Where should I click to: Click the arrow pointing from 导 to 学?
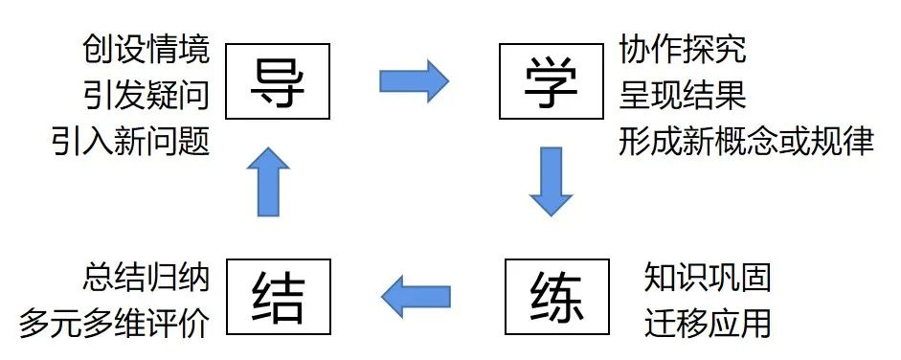click(x=414, y=81)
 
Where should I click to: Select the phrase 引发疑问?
click(x=146, y=96)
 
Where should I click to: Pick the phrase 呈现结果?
click(x=683, y=96)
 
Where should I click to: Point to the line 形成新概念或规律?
click(x=746, y=143)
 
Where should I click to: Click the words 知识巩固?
click(x=708, y=278)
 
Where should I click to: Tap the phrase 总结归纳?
click(x=146, y=278)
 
